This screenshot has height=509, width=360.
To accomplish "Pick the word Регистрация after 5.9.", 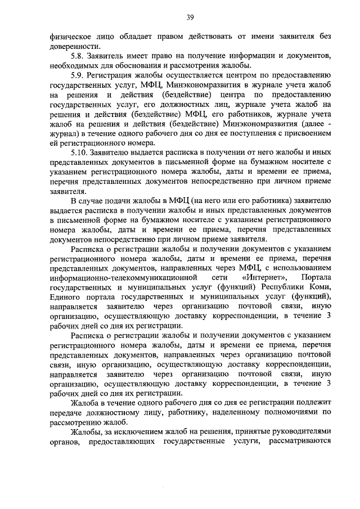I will point(116,75).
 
